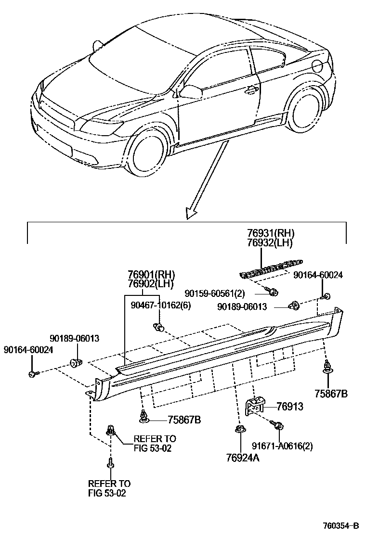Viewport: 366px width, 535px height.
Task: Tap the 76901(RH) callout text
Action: [x=151, y=275]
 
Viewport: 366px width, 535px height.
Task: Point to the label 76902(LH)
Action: [x=151, y=284]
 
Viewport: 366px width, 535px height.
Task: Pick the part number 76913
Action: [x=289, y=407]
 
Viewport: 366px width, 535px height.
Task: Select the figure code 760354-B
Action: [x=340, y=525]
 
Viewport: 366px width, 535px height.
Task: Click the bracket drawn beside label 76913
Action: [x=254, y=405]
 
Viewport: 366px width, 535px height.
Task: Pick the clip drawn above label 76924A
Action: [x=239, y=429]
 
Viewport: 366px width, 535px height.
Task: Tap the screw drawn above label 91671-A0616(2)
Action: [x=278, y=425]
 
